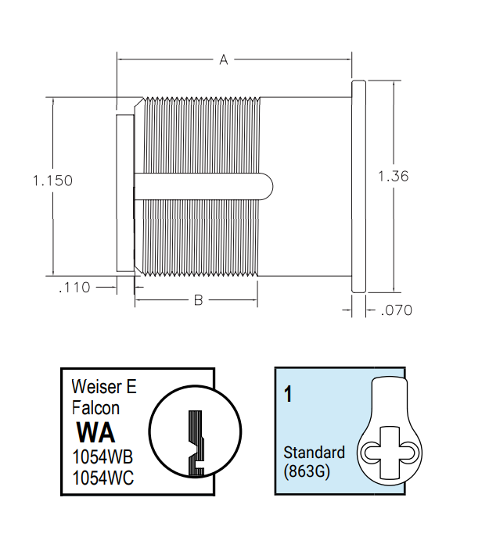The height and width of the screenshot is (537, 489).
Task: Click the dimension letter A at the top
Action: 223,60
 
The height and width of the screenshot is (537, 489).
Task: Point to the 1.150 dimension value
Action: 52,181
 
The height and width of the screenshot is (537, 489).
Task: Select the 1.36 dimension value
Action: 393,177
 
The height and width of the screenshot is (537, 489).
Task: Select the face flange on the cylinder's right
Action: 358,186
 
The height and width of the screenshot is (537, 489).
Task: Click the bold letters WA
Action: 95,431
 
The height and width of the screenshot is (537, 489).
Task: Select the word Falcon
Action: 95,407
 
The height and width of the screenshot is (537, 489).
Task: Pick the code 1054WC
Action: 102,477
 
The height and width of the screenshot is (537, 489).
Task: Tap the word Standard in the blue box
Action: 313,453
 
